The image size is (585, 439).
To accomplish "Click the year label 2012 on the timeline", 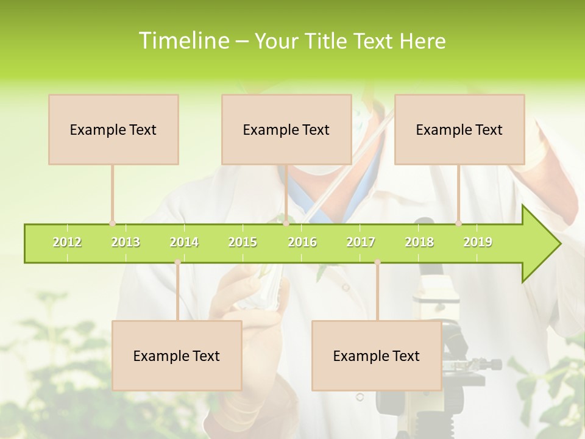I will (67, 242).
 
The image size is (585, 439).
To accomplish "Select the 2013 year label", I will (126, 242).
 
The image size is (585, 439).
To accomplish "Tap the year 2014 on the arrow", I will (184, 242).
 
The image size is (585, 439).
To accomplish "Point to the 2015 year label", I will (243, 242).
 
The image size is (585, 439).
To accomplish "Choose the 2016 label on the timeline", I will (302, 242).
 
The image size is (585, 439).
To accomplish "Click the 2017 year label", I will (361, 242).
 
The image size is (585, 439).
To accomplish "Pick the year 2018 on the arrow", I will (419, 242).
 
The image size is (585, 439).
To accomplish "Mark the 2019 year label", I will (478, 242).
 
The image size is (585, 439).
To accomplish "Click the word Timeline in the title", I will (183, 41).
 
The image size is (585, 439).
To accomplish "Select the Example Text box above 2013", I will (113, 129).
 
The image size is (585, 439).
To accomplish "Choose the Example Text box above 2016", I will (286, 129).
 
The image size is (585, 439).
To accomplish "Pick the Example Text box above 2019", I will (459, 129).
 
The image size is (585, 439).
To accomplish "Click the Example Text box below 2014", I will (177, 355).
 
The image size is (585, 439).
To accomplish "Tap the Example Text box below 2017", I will (377, 355).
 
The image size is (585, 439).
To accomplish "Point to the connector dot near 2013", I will (112, 223).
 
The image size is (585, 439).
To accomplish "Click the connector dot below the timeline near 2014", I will (177, 262).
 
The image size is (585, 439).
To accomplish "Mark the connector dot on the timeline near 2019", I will (458, 223).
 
